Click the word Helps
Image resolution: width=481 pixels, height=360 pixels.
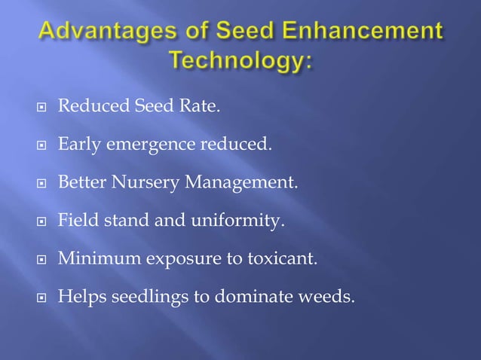click(80, 296)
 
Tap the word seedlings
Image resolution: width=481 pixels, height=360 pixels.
click(142, 296)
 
